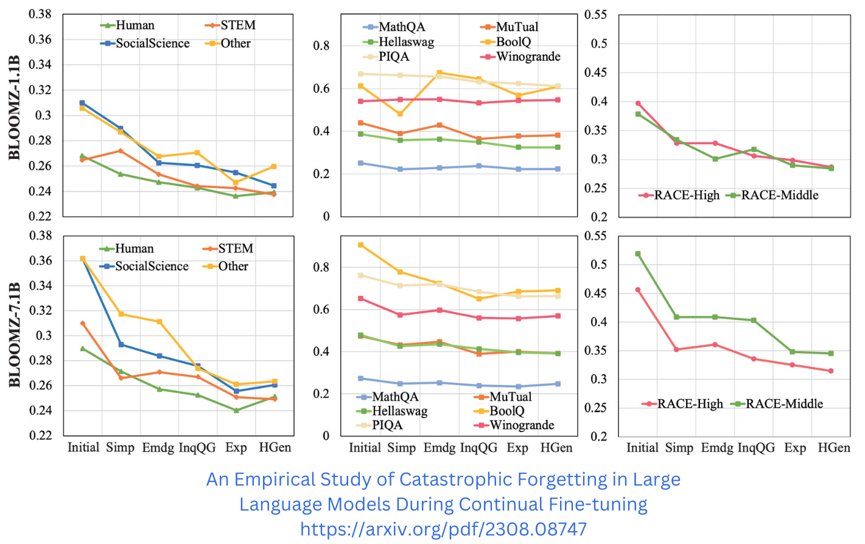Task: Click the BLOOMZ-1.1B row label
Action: click(15, 108)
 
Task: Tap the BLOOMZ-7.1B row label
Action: click(15, 335)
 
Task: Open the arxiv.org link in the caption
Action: click(443, 529)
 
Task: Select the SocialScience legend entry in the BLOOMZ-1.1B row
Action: click(152, 43)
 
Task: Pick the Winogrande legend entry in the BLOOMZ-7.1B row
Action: click(522, 425)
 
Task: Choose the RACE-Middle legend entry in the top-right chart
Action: click(779, 195)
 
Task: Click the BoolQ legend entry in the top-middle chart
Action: click(513, 41)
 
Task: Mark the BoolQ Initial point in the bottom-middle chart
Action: click(360, 245)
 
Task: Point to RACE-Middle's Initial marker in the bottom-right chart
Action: click(638, 254)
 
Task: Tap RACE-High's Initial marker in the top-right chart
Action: click(638, 103)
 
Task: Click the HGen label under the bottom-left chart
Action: click(275, 448)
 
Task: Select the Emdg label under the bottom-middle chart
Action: click(440, 448)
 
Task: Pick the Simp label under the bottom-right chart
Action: click(679, 448)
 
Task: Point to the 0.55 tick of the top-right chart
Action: click(595, 15)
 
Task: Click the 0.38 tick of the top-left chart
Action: click(40, 14)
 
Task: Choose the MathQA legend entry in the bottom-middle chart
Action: click(395, 397)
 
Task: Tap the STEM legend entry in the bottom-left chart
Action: click(236, 248)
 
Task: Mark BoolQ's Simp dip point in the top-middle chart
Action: click(400, 114)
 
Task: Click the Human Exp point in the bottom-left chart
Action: click(236, 410)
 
